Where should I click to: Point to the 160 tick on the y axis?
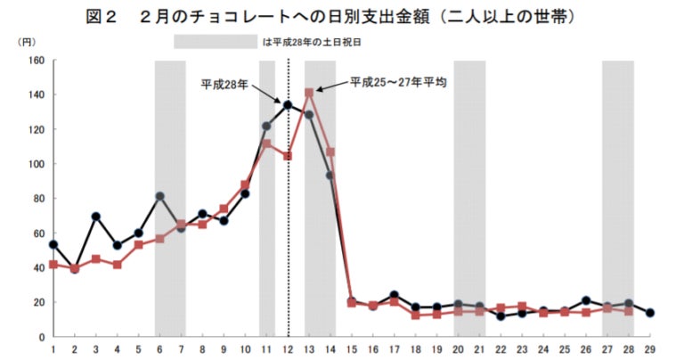[37, 61]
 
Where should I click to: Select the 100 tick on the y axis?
[37, 164]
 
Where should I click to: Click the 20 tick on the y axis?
[39, 302]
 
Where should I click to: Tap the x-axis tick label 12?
[288, 348]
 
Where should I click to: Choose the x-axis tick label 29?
[651, 348]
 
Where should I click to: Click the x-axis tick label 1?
[53, 348]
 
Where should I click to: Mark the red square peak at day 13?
[309, 93]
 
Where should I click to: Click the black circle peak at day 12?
[288, 105]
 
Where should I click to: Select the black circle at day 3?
[95, 217]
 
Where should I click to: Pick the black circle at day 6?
[159, 196]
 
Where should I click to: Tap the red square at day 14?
[330, 152]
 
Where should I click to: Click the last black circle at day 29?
[651, 313]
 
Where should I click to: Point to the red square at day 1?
[53, 265]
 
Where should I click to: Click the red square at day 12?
[288, 156]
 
